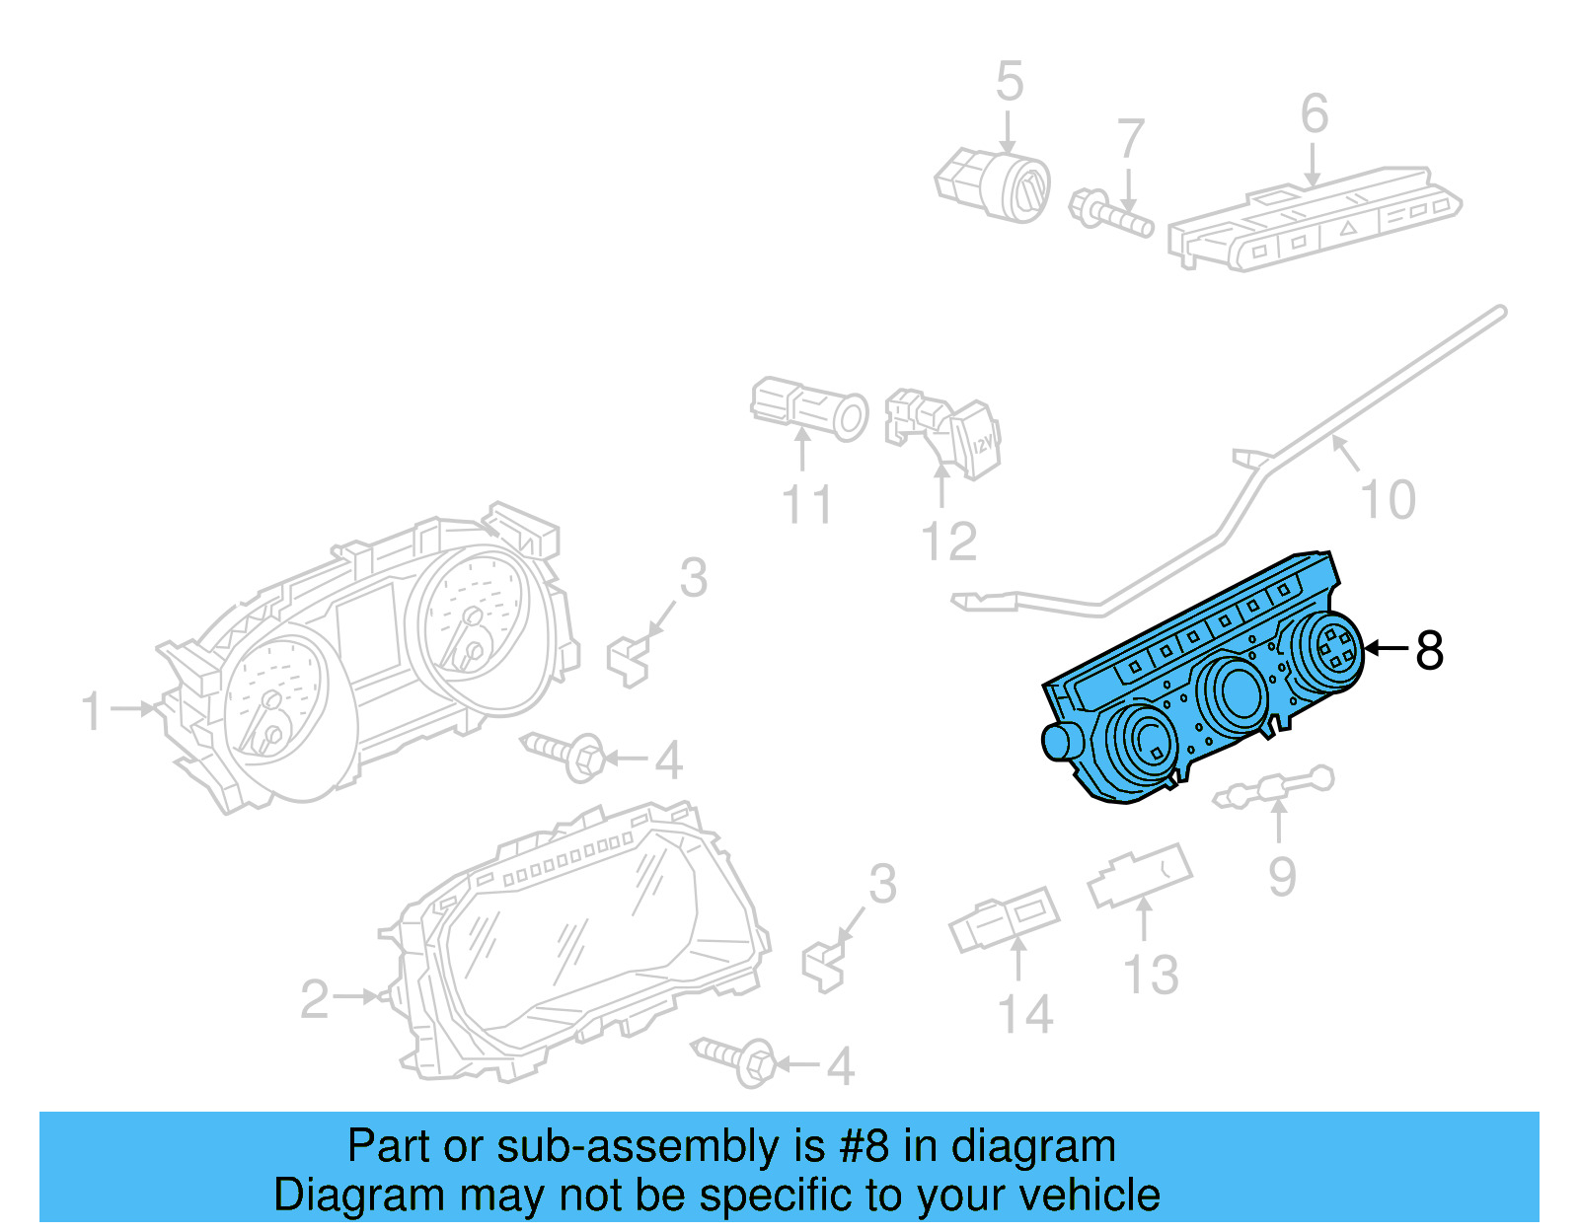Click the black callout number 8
(x=1430, y=650)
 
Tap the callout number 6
(x=1314, y=113)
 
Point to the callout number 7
(x=1131, y=139)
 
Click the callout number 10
(x=1388, y=500)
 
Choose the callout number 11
(x=806, y=505)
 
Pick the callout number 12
(x=948, y=542)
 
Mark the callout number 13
(x=1151, y=975)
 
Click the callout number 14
(x=1025, y=1014)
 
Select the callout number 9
(x=1281, y=876)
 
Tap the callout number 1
(x=92, y=711)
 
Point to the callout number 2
(x=314, y=999)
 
